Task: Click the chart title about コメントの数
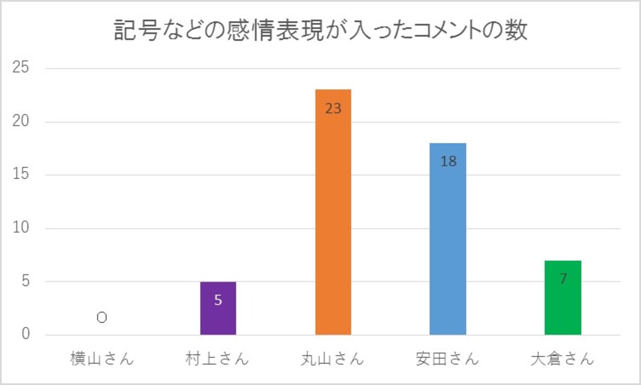(x=320, y=31)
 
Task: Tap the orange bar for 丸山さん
(x=333, y=222)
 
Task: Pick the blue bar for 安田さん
(x=448, y=246)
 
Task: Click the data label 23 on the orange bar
(x=333, y=108)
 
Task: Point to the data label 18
(x=448, y=161)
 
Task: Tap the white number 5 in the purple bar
(x=218, y=300)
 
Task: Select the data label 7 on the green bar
(x=563, y=279)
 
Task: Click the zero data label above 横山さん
(x=102, y=317)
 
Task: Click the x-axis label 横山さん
(x=102, y=358)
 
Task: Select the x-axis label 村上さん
(x=218, y=358)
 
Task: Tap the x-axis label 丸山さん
(x=333, y=358)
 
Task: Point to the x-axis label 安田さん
(x=448, y=358)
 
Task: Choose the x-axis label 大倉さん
(x=563, y=358)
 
